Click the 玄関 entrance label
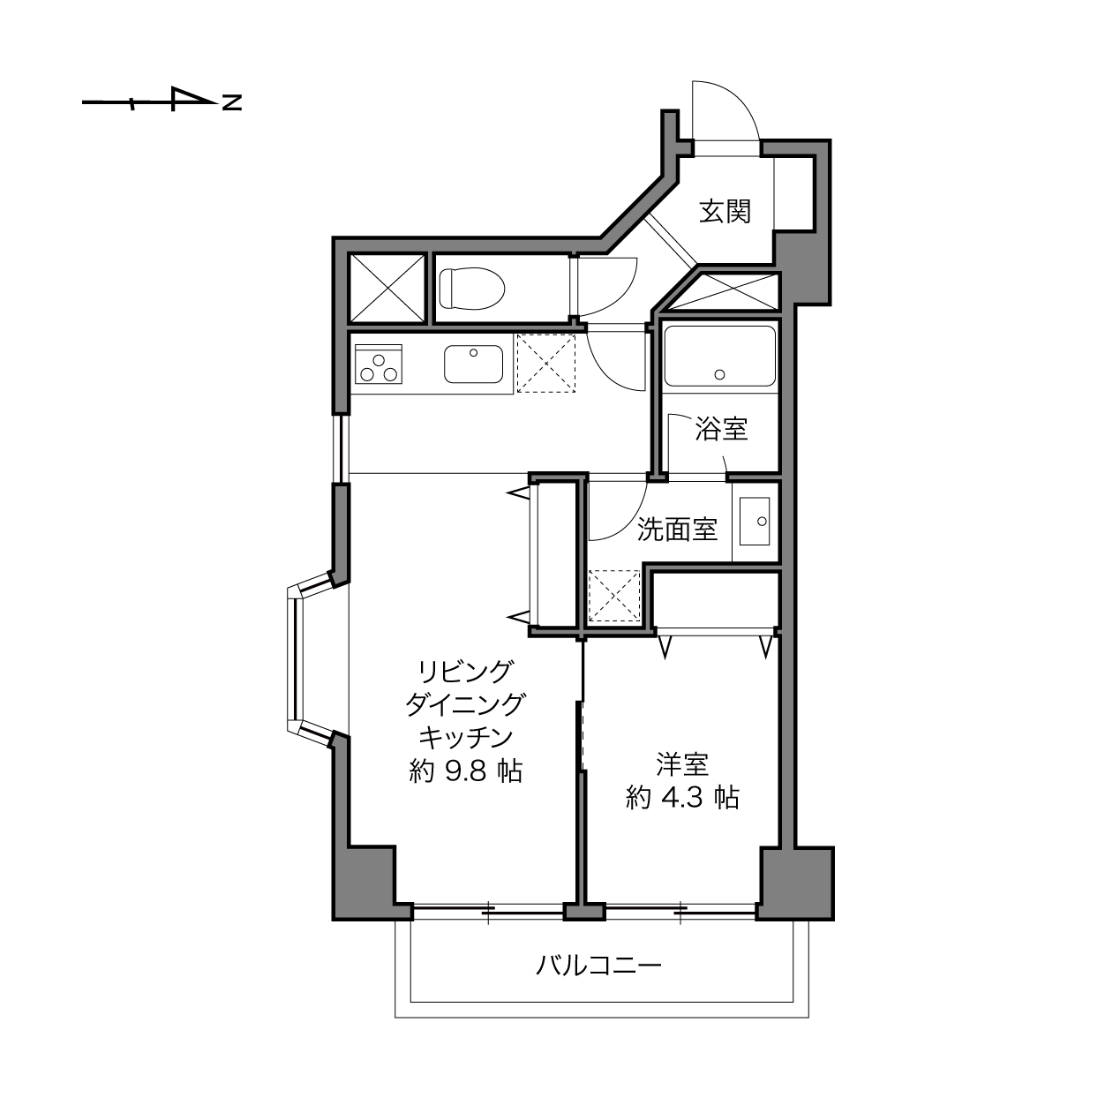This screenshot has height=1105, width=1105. pos(725,212)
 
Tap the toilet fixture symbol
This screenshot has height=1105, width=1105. pos(472,288)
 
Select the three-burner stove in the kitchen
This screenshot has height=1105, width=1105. pos(379,365)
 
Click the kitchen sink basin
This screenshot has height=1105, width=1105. pos(474,365)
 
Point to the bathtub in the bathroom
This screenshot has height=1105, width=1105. pos(719,356)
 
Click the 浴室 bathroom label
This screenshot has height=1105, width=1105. pos(721,429)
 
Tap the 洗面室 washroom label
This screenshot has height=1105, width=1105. pos(678,530)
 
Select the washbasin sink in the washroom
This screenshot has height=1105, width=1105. pos(755,522)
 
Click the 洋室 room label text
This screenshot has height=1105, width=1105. pos(682,764)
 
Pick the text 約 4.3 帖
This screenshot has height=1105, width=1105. pos(682,798)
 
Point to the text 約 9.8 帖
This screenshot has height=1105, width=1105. pos(466,772)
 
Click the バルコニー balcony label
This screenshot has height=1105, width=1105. pos(598,966)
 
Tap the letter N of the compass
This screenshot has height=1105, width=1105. pos(232,102)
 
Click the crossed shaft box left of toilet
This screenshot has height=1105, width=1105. pos(387,289)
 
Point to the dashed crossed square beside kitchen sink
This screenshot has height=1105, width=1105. pos(546,364)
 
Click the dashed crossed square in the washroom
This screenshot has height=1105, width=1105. pos(614,596)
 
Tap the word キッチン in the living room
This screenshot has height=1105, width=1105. pos(466,738)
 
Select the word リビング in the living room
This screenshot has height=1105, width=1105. pos(466,672)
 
